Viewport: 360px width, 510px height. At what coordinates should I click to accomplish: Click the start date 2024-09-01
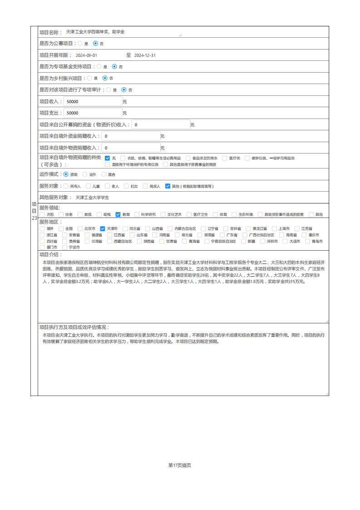(x=86, y=55)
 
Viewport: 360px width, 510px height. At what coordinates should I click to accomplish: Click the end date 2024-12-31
(x=145, y=55)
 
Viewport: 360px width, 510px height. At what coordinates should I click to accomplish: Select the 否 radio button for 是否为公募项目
(x=95, y=44)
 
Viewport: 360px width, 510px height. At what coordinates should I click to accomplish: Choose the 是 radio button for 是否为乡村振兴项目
(x=89, y=78)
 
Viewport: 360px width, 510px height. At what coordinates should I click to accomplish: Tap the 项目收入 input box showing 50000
(x=93, y=102)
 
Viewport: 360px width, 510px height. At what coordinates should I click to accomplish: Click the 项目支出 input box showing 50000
(x=93, y=113)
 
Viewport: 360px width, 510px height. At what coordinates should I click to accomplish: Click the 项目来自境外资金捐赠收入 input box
(x=131, y=136)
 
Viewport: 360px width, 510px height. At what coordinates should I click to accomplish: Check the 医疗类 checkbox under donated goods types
(x=225, y=158)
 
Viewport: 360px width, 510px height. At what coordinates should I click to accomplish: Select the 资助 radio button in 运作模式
(x=66, y=174)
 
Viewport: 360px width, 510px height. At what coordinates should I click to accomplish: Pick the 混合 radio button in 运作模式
(x=104, y=174)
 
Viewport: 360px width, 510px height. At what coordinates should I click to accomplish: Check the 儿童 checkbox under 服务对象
(x=88, y=186)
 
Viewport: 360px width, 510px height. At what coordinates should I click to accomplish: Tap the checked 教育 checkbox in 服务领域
(x=118, y=214)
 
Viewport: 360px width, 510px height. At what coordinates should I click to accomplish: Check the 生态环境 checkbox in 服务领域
(x=234, y=214)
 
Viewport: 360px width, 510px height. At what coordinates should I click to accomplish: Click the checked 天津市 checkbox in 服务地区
(x=103, y=228)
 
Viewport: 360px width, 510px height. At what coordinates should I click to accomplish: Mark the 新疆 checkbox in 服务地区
(x=243, y=241)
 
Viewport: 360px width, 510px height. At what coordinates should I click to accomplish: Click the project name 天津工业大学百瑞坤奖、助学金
(x=95, y=32)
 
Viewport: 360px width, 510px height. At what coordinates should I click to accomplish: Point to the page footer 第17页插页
(x=179, y=465)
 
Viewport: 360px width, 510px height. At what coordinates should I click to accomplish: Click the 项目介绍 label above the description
(x=50, y=254)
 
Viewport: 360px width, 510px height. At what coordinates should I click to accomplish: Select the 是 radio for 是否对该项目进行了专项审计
(x=108, y=90)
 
